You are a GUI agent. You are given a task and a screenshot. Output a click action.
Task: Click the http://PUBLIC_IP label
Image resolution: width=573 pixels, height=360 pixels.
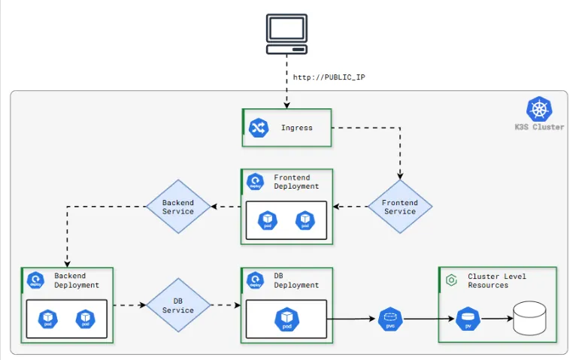(x=329, y=77)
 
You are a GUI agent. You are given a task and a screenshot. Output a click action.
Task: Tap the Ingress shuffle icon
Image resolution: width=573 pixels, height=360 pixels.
(x=259, y=128)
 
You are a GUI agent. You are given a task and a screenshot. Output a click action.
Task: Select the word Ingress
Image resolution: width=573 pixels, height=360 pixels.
(x=296, y=128)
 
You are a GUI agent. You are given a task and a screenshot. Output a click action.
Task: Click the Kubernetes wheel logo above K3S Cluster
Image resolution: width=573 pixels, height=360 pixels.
(x=539, y=110)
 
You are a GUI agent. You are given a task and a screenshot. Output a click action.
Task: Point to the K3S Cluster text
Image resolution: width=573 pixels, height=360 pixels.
(x=539, y=127)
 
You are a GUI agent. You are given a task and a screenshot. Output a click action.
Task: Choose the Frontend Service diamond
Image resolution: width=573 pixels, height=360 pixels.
(x=399, y=207)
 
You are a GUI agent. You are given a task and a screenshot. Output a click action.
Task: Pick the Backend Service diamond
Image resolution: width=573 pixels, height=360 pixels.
(x=178, y=207)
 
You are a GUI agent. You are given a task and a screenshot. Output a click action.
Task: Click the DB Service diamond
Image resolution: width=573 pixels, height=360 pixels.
(x=178, y=305)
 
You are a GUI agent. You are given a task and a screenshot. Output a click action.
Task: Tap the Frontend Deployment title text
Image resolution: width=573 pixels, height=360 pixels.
(x=296, y=182)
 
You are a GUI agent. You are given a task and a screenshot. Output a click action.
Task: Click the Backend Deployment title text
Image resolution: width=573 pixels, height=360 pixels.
(x=76, y=280)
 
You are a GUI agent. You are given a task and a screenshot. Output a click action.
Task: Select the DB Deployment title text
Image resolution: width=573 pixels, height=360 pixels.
(x=296, y=280)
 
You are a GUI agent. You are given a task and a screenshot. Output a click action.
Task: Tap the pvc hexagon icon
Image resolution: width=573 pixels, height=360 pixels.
(x=390, y=319)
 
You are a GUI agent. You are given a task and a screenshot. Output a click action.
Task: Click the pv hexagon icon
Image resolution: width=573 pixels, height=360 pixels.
(x=467, y=319)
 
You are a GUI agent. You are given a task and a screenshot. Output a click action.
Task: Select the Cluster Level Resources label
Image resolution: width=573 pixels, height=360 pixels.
(x=497, y=280)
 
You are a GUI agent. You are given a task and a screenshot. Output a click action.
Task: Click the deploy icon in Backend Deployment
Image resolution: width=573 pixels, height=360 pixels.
(x=35, y=281)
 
